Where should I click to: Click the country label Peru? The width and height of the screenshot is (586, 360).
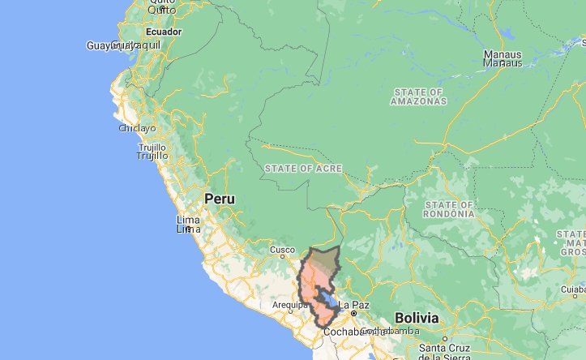point(219,199)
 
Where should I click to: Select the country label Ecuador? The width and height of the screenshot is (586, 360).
point(163,32)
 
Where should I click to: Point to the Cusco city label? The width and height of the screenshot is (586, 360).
point(282,250)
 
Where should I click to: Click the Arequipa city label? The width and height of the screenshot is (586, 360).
point(287,305)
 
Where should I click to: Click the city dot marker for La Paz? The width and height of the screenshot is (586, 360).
point(353,313)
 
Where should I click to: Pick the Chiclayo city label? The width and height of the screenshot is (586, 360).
point(137,128)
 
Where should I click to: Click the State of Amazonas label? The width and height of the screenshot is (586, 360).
point(417,96)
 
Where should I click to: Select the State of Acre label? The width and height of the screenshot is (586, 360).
point(302,168)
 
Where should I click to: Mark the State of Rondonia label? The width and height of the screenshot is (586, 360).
point(448,209)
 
